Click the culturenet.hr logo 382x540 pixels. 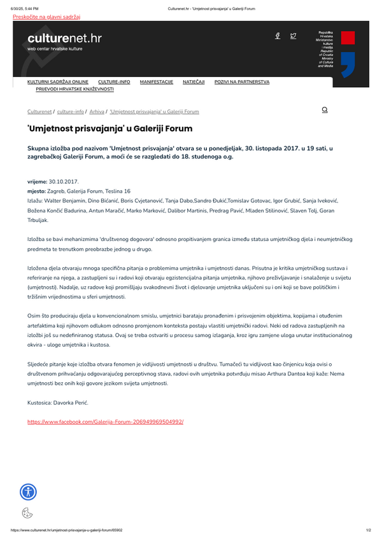tap(64, 39)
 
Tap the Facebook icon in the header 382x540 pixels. tap(278, 36)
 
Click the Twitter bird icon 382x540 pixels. tap(294, 36)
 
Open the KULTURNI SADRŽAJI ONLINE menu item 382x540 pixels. tap(58, 82)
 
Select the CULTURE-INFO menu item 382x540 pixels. tap(114, 82)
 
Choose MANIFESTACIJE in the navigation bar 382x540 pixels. tap(157, 82)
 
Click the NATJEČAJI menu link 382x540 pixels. tap(194, 82)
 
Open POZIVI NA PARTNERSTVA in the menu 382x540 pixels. tap(242, 82)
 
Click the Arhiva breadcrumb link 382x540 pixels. tap(97, 111)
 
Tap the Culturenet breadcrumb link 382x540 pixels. tap(39, 111)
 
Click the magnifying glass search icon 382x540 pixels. tap(325, 110)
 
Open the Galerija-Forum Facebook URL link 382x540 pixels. tap(105, 422)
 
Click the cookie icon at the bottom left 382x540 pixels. tap(27, 513)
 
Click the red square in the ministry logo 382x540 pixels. tap(348, 37)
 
